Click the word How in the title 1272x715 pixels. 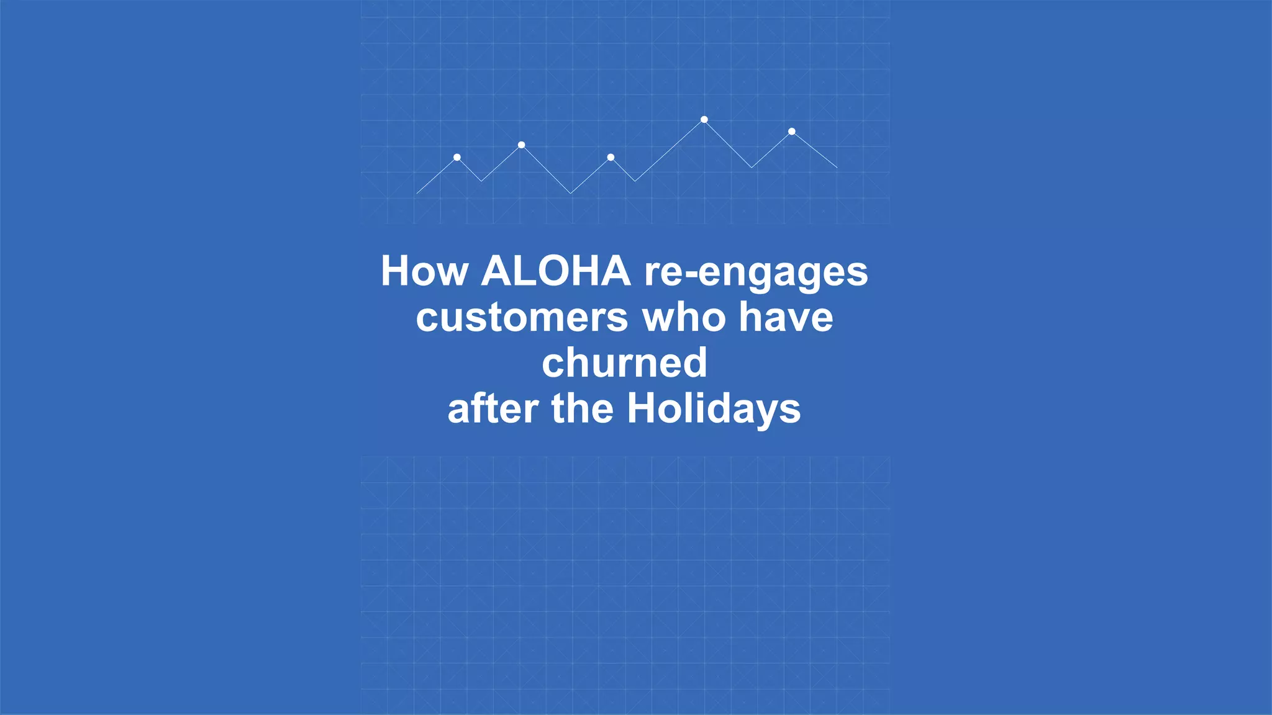pos(424,271)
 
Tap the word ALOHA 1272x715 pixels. pos(556,271)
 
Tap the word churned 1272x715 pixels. pos(624,362)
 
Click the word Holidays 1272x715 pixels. pos(714,410)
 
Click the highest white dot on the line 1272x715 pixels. pos(704,119)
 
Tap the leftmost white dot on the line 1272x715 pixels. pos(457,157)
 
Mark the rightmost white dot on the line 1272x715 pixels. pos(791,131)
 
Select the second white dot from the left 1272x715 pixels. pos(521,145)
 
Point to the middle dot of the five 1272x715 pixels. pos(611,157)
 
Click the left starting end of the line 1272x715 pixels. pos(417,193)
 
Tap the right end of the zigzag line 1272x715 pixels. pos(837,167)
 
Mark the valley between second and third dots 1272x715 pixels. pos(571,193)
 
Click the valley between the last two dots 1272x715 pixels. pos(752,167)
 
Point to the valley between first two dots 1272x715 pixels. pos(481,181)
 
